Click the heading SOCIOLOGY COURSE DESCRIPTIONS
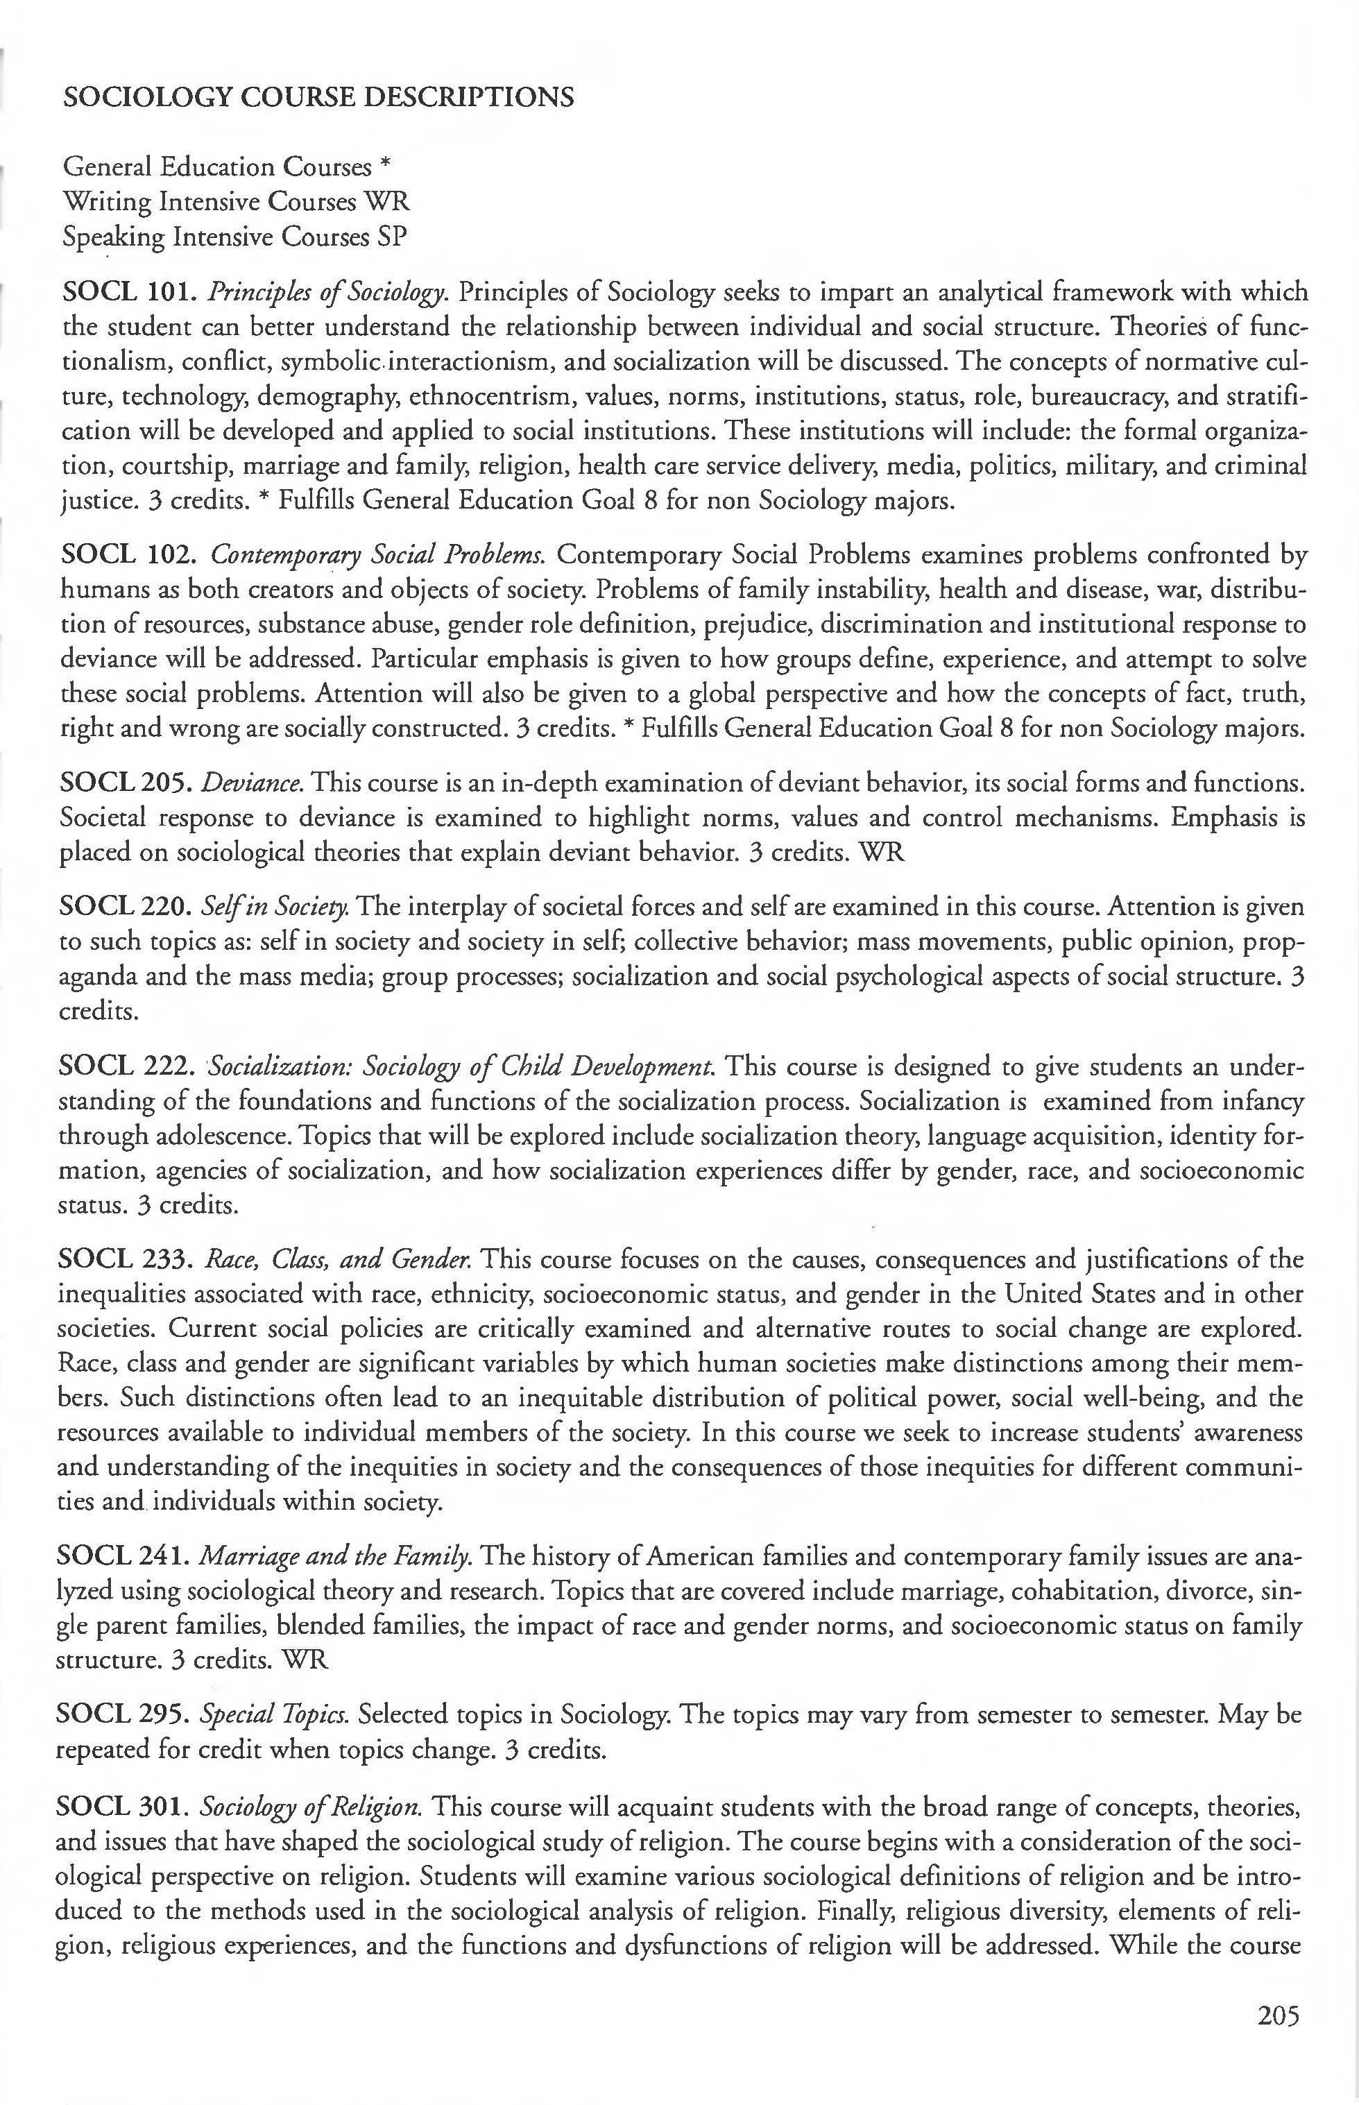tap(318, 96)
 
